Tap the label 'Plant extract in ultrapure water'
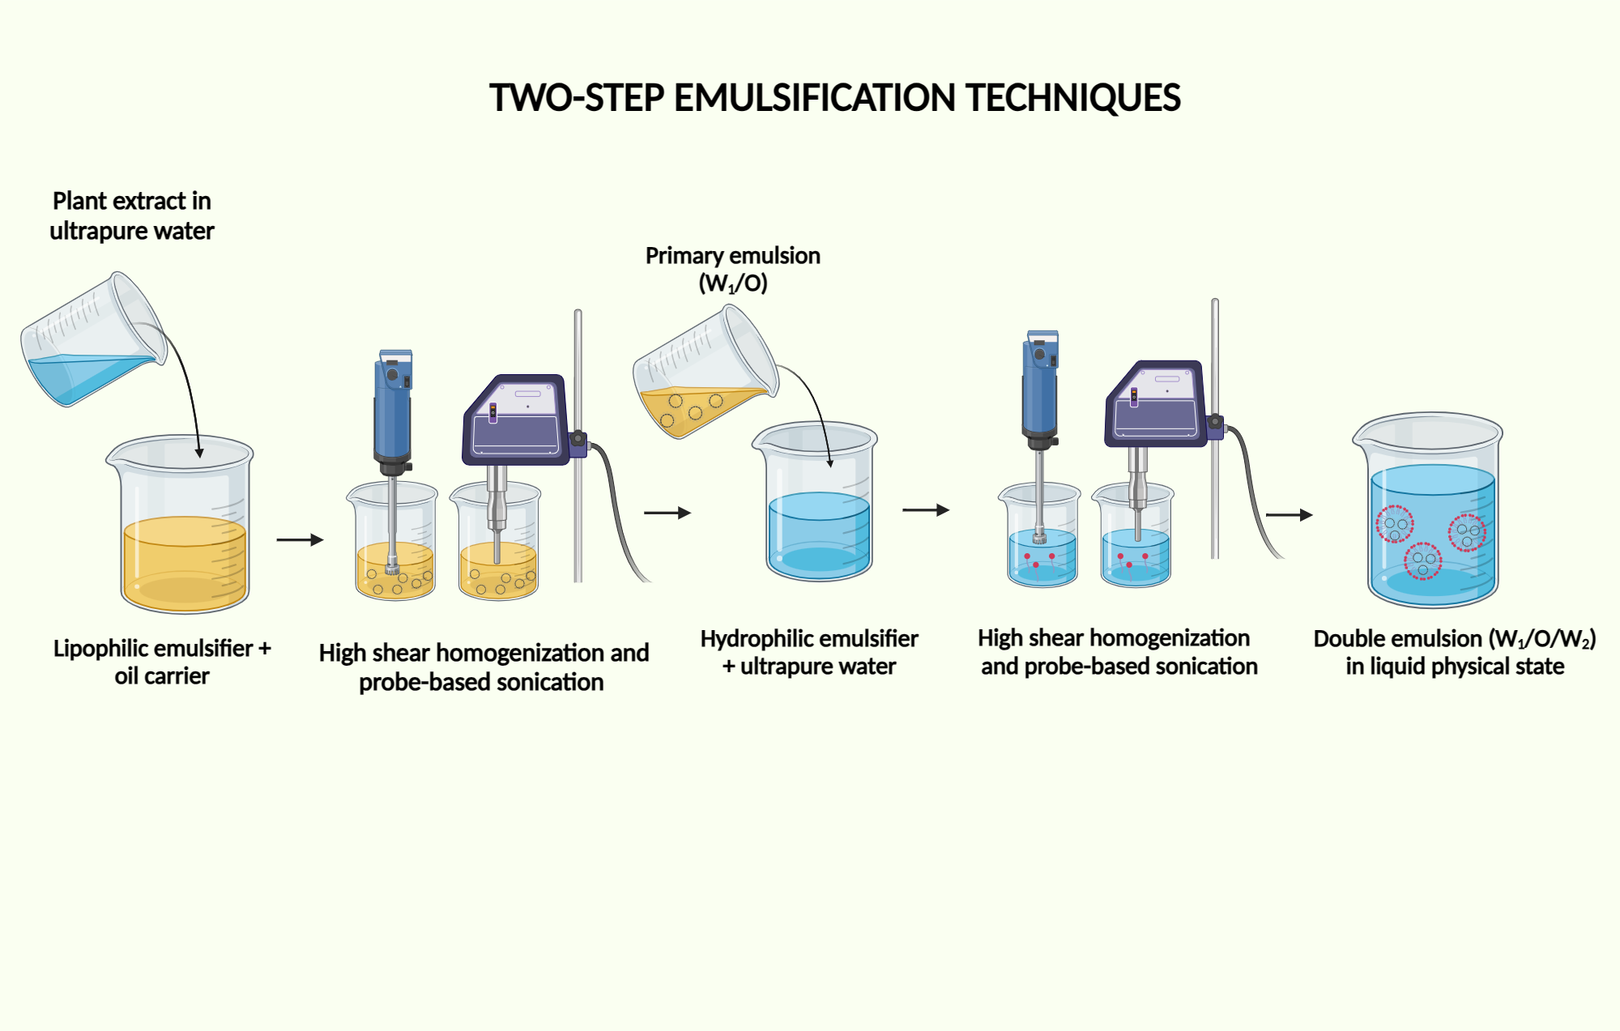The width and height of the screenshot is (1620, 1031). coord(132,215)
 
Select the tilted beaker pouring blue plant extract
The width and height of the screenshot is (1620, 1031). coord(93,340)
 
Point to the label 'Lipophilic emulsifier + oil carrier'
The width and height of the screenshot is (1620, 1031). coord(162,662)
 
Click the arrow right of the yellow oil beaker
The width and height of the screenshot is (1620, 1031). coord(299,539)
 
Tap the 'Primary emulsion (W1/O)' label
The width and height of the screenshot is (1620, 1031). coord(732,269)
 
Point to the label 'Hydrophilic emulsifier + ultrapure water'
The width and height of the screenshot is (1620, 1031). coord(809,652)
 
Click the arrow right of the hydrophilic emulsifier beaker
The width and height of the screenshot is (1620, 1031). coord(925,510)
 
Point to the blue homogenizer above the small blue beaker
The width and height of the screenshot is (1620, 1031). coord(1040,389)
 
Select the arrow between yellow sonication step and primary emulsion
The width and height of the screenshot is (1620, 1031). coord(667,513)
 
